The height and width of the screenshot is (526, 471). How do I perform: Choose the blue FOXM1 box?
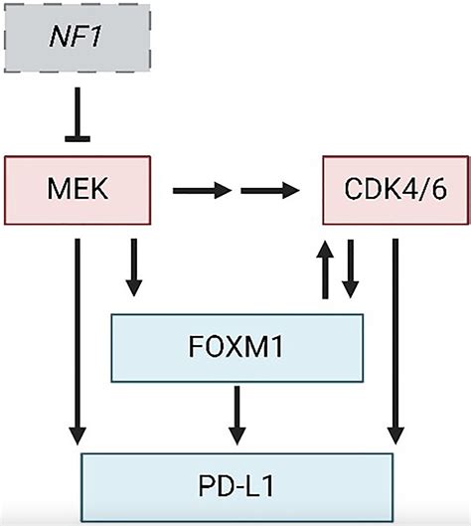tap(236, 348)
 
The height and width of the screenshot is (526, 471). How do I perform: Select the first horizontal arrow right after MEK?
tap(197, 186)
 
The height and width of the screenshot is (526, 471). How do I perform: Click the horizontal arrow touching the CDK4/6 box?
tap(280, 186)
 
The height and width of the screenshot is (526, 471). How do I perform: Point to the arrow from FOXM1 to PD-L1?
tap(236, 414)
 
